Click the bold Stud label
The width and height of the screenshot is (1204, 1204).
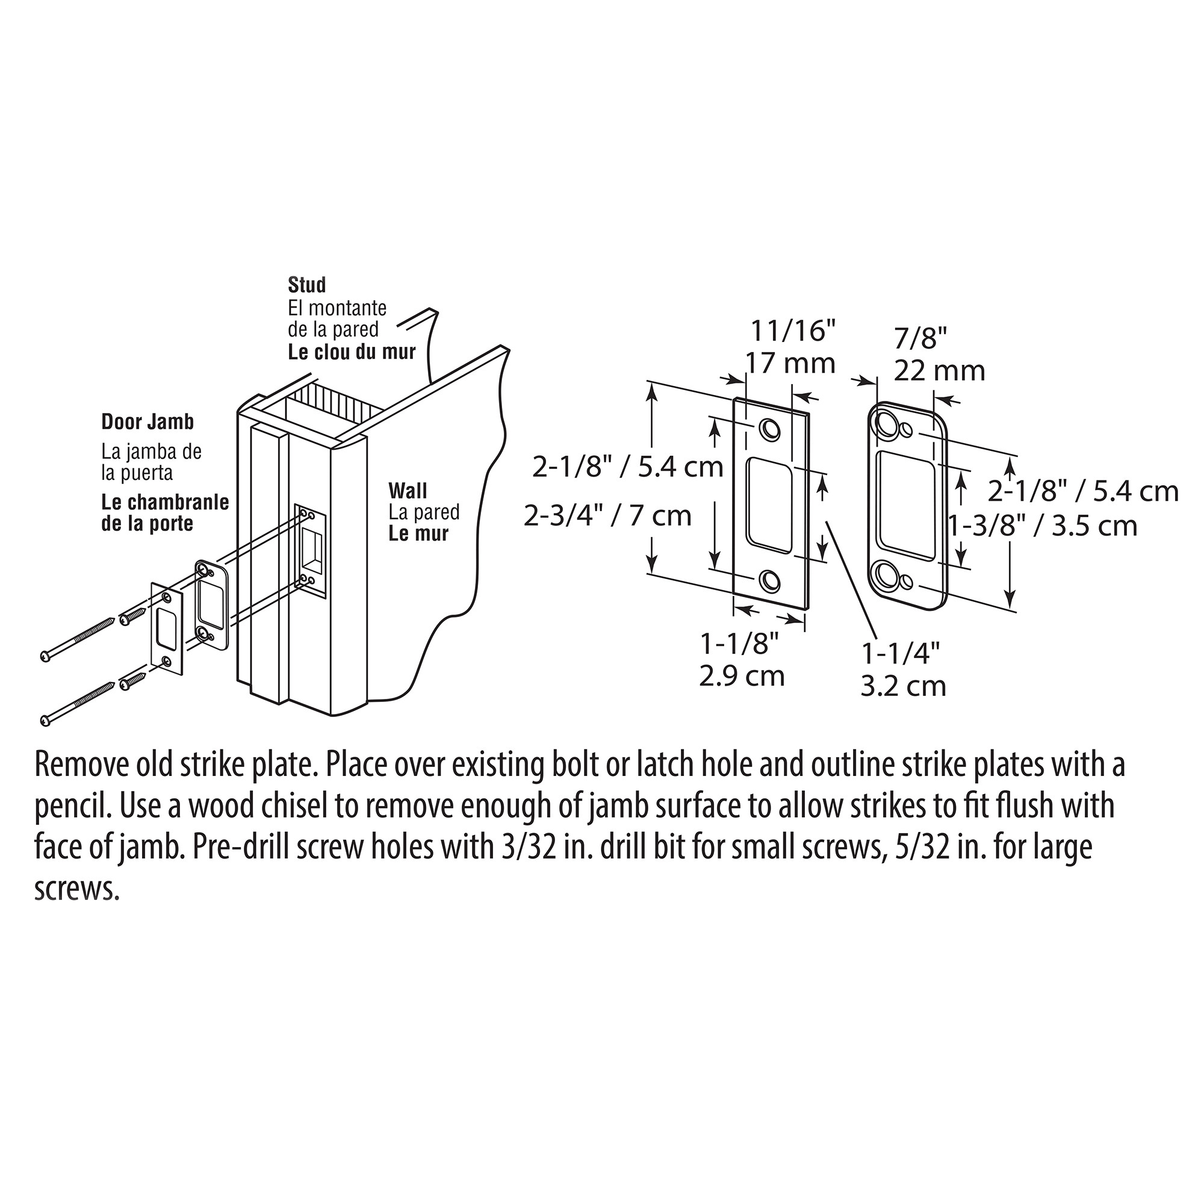pos(306,285)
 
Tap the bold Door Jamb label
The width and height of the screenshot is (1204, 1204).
pos(147,422)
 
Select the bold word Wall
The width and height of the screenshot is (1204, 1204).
pos(408,491)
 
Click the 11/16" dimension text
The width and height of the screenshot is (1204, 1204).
pos(793,331)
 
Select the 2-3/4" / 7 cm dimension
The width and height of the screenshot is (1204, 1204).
pos(607,515)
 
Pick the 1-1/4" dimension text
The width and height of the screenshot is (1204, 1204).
pos(901,654)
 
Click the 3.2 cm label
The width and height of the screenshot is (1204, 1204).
pos(904,686)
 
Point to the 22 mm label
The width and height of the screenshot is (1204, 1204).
pos(939,371)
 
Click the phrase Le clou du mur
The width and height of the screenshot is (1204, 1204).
pos(352,352)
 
